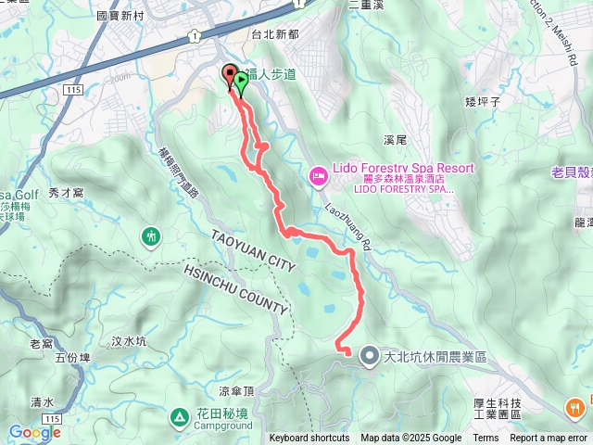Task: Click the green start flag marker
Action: pos(241,81)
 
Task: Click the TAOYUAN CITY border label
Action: pos(252,251)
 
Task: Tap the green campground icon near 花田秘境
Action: pos(179,417)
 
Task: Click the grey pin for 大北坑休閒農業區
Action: pos(369,355)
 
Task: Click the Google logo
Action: pos(33,432)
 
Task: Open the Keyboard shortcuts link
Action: pos(309,439)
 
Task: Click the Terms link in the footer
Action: pos(486,439)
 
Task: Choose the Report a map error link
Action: pos(549,439)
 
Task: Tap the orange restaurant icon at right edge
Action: pos(576,406)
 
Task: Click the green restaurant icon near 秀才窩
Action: pos(151,236)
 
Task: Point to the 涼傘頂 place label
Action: pos(236,391)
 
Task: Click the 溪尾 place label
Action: pos(395,140)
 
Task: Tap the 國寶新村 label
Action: pos(122,17)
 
